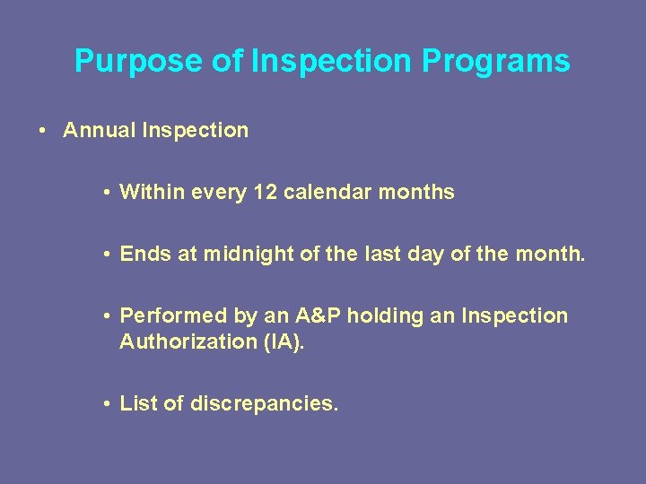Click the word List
pyautogui.click(x=139, y=403)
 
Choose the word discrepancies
pyautogui.click(x=264, y=403)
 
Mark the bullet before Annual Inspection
pyautogui.click(x=42, y=131)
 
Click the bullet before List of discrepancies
pyautogui.click(x=106, y=404)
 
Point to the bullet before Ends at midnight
pyautogui.click(x=106, y=255)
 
